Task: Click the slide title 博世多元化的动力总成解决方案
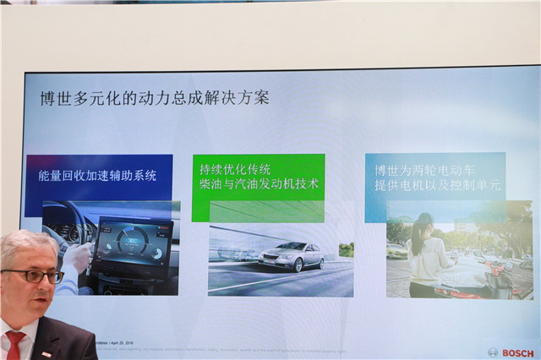coord(155,98)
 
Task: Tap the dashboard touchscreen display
coord(132,245)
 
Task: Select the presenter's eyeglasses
coord(34,275)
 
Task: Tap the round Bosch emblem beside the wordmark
coord(494,352)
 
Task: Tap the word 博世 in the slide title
coord(53,98)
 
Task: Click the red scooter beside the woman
coord(499,279)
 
